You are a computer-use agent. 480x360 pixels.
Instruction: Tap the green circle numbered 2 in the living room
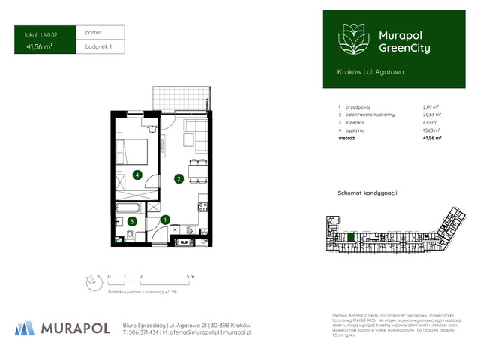178,178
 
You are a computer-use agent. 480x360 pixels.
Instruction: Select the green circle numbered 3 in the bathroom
131,221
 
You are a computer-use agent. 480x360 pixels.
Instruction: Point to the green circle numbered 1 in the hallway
166,220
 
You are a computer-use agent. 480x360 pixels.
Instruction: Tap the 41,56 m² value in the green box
39,46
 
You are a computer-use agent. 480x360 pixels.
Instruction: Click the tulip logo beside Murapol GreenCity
352,39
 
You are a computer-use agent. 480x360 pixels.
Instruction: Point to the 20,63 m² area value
432,115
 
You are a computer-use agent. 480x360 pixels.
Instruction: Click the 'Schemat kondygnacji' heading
367,193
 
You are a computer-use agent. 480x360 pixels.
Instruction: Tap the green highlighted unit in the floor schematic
349,238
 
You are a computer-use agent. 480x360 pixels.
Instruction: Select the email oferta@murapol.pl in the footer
193,331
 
